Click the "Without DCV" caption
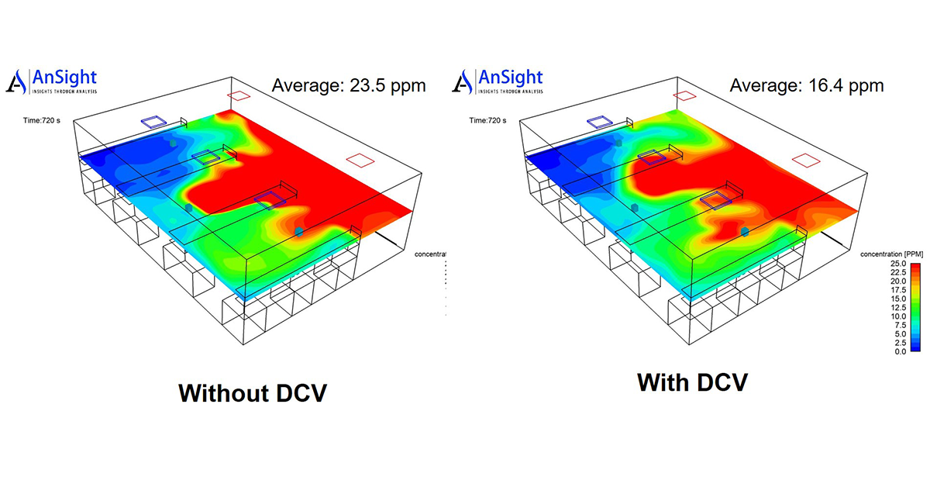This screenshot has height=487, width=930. click(253, 392)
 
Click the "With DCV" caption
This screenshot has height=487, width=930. click(692, 382)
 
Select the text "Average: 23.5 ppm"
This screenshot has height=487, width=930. click(349, 85)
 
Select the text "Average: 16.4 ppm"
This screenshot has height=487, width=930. click(806, 85)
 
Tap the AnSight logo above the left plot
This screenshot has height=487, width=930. click(51, 81)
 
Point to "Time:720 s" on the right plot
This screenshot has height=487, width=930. click(487, 120)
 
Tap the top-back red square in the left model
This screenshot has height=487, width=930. click(239, 95)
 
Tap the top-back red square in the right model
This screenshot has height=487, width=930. click(685, 95)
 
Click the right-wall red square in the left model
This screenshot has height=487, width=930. click(360, 161)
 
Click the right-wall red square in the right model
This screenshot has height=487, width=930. click(807, 161)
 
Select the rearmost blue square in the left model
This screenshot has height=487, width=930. click(153, 122)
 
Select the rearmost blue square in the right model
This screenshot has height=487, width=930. click(599, 122)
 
